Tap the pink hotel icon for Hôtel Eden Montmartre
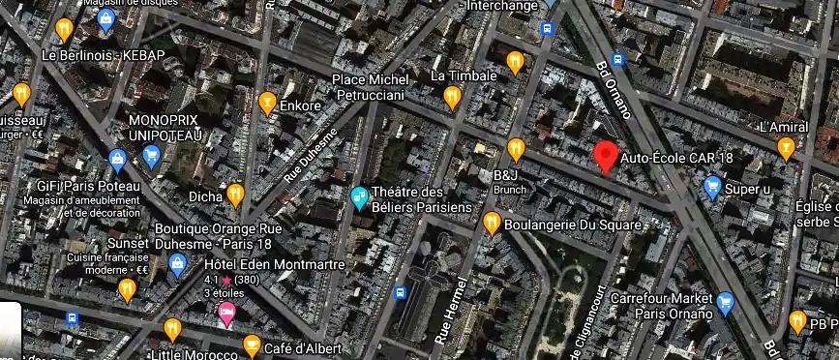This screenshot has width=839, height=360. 226,312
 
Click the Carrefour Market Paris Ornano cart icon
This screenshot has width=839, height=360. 725,303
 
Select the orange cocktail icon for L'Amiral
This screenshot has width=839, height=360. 787,147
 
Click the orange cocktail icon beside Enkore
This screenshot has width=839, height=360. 267,102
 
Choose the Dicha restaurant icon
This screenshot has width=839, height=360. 235,195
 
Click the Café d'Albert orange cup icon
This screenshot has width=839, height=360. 252,345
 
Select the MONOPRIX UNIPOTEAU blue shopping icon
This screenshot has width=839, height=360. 151,155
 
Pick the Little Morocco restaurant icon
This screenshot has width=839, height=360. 172,329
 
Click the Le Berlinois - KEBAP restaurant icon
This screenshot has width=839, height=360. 64,29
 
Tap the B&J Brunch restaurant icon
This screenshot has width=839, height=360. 516,148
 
